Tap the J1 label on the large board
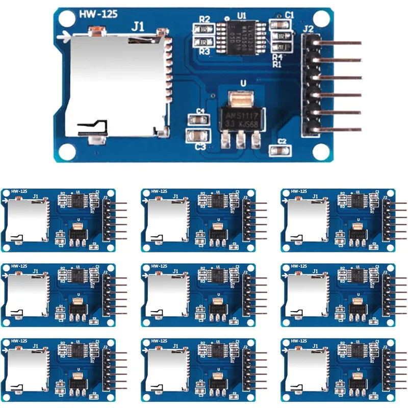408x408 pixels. tap(138, 27)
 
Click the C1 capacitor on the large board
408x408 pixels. tap(280, 24)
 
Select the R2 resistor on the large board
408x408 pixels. tap(203, 30)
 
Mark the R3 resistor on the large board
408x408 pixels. tap(203, 42)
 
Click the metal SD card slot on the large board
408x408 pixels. tap(115, 84)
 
